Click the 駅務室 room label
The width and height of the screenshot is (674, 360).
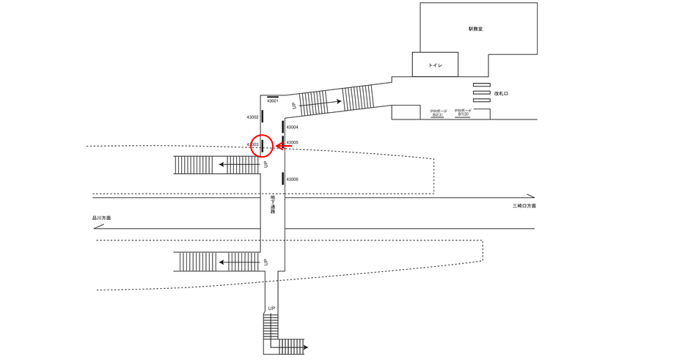click(x=476, y=29)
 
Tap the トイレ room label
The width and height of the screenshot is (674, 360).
click(x=435, y=66)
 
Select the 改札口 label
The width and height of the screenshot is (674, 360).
click(x=501, y=94)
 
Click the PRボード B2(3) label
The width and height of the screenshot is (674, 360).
click(x=439, y=113)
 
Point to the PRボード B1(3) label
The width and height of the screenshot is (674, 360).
click(x=464, y=112)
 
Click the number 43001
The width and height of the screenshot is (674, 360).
click(x=272, y=101)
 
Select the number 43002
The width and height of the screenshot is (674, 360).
click(x=252, y=117)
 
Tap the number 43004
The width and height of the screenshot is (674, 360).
click(x=292, y=128)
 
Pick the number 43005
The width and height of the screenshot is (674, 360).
click(x=292, y=143)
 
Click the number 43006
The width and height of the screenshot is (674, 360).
click(x=292, y=180)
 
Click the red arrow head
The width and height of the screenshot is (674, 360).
click(x=279, y=146)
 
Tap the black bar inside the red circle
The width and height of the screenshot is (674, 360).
click(x=263, y=146)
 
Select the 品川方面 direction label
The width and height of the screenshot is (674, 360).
click(x=101, y=218)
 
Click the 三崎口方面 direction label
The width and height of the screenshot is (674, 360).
click(x=524, y=206)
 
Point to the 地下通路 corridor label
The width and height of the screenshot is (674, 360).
click(x=273, y=205)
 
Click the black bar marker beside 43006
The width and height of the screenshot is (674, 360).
click(x=283, y=178)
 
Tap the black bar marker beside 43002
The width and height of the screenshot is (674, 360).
click(x=263, y=116)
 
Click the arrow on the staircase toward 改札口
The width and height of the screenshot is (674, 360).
click(x=339, y=102)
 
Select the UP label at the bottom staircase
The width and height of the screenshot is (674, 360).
click(x=271, y=309)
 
